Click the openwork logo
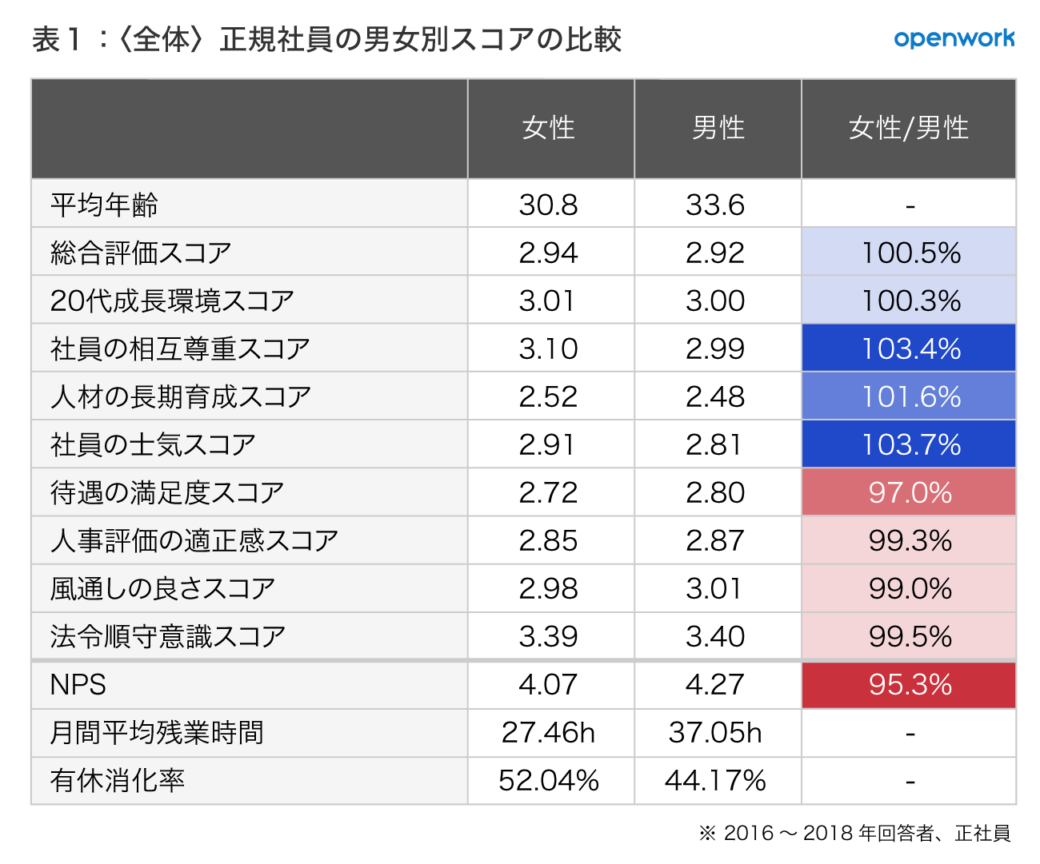coord(954,38)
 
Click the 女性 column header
coord(549,128)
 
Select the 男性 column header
coord(718,128)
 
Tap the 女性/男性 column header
coord(909,128)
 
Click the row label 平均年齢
coord(104,205)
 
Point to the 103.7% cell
coord(910,444)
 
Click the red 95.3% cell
coord(910,685)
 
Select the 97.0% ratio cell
coord(910,492)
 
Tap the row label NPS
coord(78,685)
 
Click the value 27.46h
coord(549,733)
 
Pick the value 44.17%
coord(715,781)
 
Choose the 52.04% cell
coord(549,781)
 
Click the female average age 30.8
coord(548,205)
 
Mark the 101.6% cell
coord(910,396)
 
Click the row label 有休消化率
coord(117,781)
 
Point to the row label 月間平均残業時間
coord(157,733)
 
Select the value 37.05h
coord(715,733)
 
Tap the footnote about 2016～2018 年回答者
coord(854,834)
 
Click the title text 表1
coord(58,39)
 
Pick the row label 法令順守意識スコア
coord(168,637)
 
